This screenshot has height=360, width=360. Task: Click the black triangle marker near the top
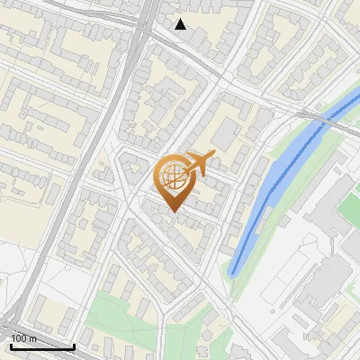[x=181, y=24]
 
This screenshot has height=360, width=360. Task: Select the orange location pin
[x=175, y=180]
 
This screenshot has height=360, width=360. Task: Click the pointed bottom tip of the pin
[x=172, y=211]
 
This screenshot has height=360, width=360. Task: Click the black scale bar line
[x=42, y=346]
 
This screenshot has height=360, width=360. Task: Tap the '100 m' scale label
[x=23, y=339]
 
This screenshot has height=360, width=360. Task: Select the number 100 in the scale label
[x=19, y=339]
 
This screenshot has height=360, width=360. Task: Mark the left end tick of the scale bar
[x=11, y=345]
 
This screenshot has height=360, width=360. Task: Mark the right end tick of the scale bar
[x=74, y=345]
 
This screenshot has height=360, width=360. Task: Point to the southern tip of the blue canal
[x=233, y=272]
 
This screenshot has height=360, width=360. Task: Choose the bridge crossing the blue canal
[x=317, y=116]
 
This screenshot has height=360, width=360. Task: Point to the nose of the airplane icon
[x=214, y=156]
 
